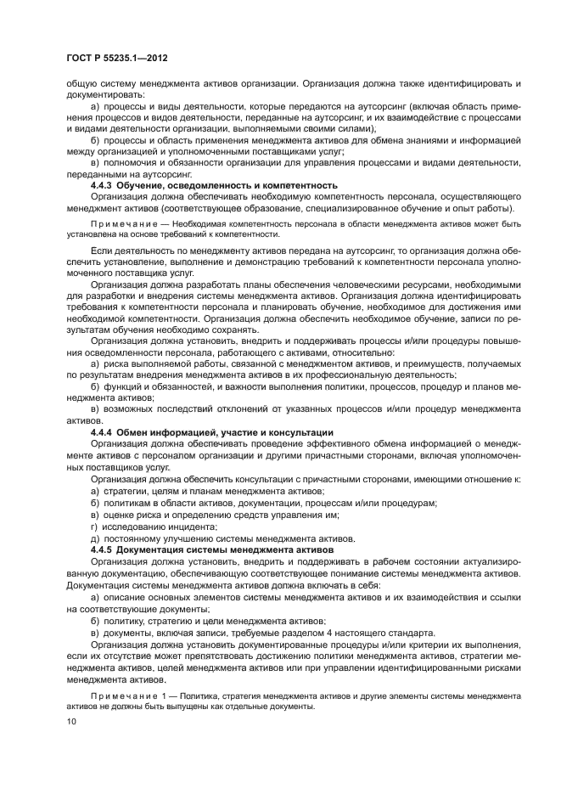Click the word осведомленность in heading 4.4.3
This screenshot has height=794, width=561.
pyautogui.click(x=199, y=184)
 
